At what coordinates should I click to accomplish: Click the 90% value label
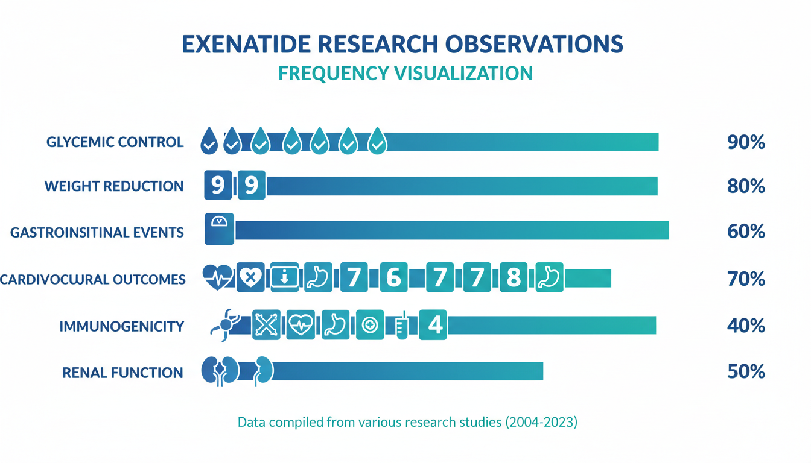746,143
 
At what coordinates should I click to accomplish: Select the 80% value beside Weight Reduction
746,186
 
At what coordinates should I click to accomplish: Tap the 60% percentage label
746,231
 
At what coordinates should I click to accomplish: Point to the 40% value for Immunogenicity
746,326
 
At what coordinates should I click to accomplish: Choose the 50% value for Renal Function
746,371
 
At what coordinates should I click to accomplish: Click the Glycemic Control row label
115,143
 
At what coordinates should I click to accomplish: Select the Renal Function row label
122,373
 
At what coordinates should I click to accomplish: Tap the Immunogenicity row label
121,327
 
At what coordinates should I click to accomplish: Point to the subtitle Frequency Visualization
405,73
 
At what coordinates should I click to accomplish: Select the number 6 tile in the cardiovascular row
393,278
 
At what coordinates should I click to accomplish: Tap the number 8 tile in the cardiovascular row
513,278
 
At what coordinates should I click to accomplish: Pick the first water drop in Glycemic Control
209,141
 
